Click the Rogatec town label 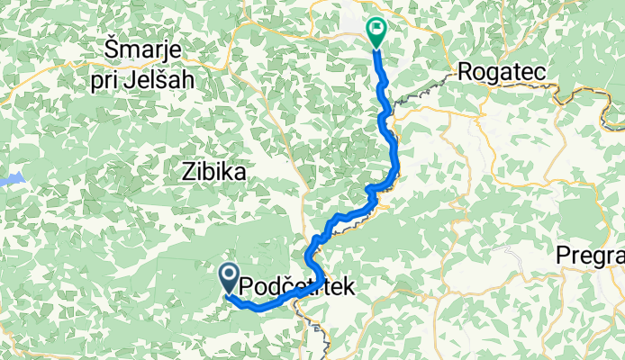(499, 71)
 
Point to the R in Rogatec (466, 71)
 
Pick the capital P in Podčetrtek (247, 287)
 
